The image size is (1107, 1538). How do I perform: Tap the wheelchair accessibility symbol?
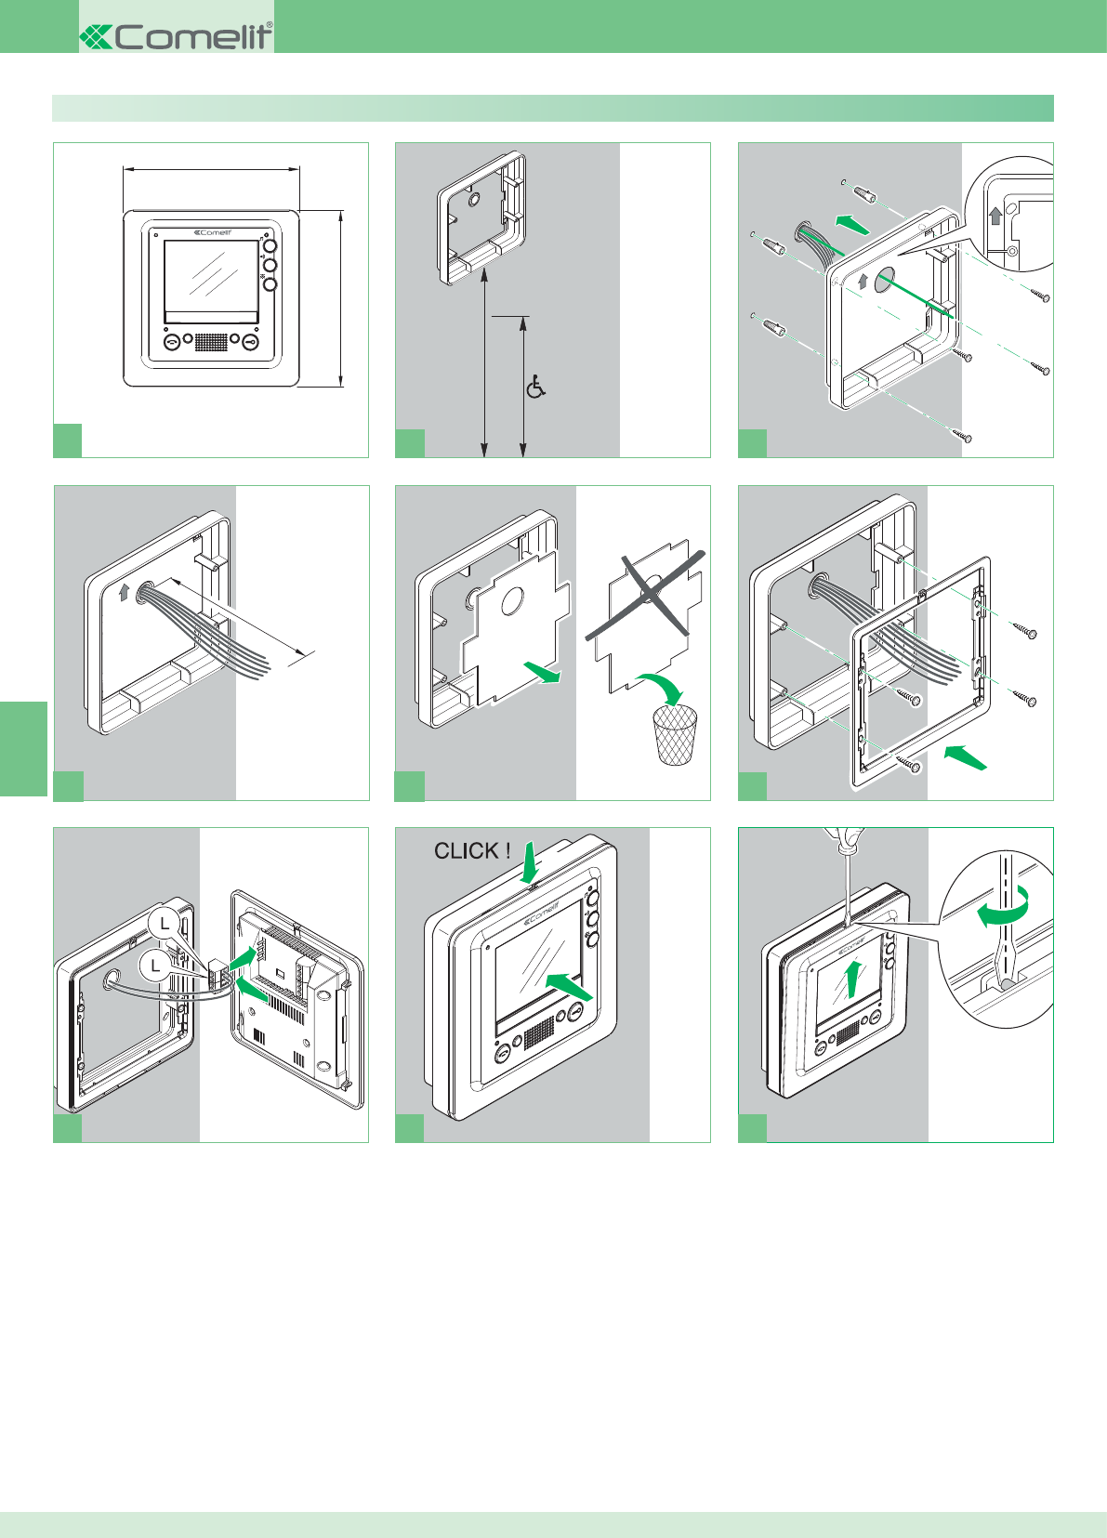tap(535, 387)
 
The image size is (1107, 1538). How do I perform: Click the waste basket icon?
tap(676, 734)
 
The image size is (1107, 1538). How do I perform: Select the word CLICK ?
tap(472, 850)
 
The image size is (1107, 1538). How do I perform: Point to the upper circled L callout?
tap(165, 923)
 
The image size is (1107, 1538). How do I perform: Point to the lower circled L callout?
tap(155, 966)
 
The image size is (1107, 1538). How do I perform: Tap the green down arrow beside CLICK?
tap(530, 863)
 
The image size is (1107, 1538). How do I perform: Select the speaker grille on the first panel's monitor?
tap(211, 342)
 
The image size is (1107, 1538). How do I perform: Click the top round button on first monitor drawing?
tap(270, 248)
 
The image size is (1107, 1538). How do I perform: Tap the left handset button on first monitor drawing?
tap(172, 343)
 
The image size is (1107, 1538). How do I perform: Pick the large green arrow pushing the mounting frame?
tap(964, 756)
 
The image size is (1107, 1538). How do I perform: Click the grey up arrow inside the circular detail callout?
tap(995, 217)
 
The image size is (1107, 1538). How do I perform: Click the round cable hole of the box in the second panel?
tap(474, 200)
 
